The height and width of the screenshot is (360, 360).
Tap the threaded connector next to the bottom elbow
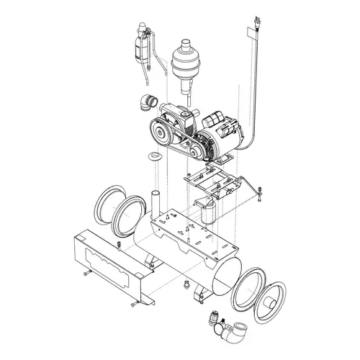(x=214, y=319)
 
